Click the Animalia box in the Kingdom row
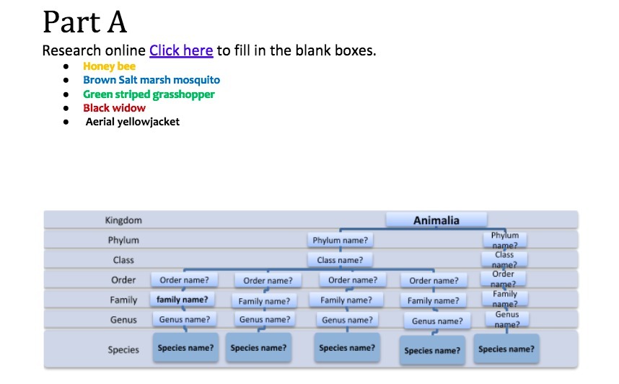[x=436, y=220]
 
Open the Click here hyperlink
[x=181, y=50]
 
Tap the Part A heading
[x=85, y=22]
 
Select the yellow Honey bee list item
[x=109, y=66]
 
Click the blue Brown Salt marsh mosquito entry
[x=152, y=80]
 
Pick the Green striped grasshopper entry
[x=149, y=94]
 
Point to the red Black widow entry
[x=114, y=108]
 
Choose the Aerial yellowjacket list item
[x=133, y=122]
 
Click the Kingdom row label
[x=123, y=220]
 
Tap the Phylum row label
[x=123, y=240]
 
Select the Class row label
[x=123, y=260]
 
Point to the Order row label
[x=123, y=280]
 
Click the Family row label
[x=123, y=299]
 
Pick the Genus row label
[x=123, y=319]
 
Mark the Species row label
[x=123, y=349]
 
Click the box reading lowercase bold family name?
[x=183, y=299]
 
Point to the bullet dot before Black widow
[x=66, y=108]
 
